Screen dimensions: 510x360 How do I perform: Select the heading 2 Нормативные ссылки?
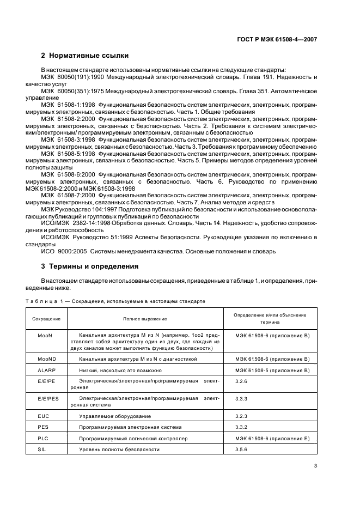click(84, 55)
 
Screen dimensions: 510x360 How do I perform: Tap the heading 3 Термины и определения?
click(90, 266)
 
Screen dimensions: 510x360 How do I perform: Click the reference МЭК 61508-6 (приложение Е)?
click(272, 438)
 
